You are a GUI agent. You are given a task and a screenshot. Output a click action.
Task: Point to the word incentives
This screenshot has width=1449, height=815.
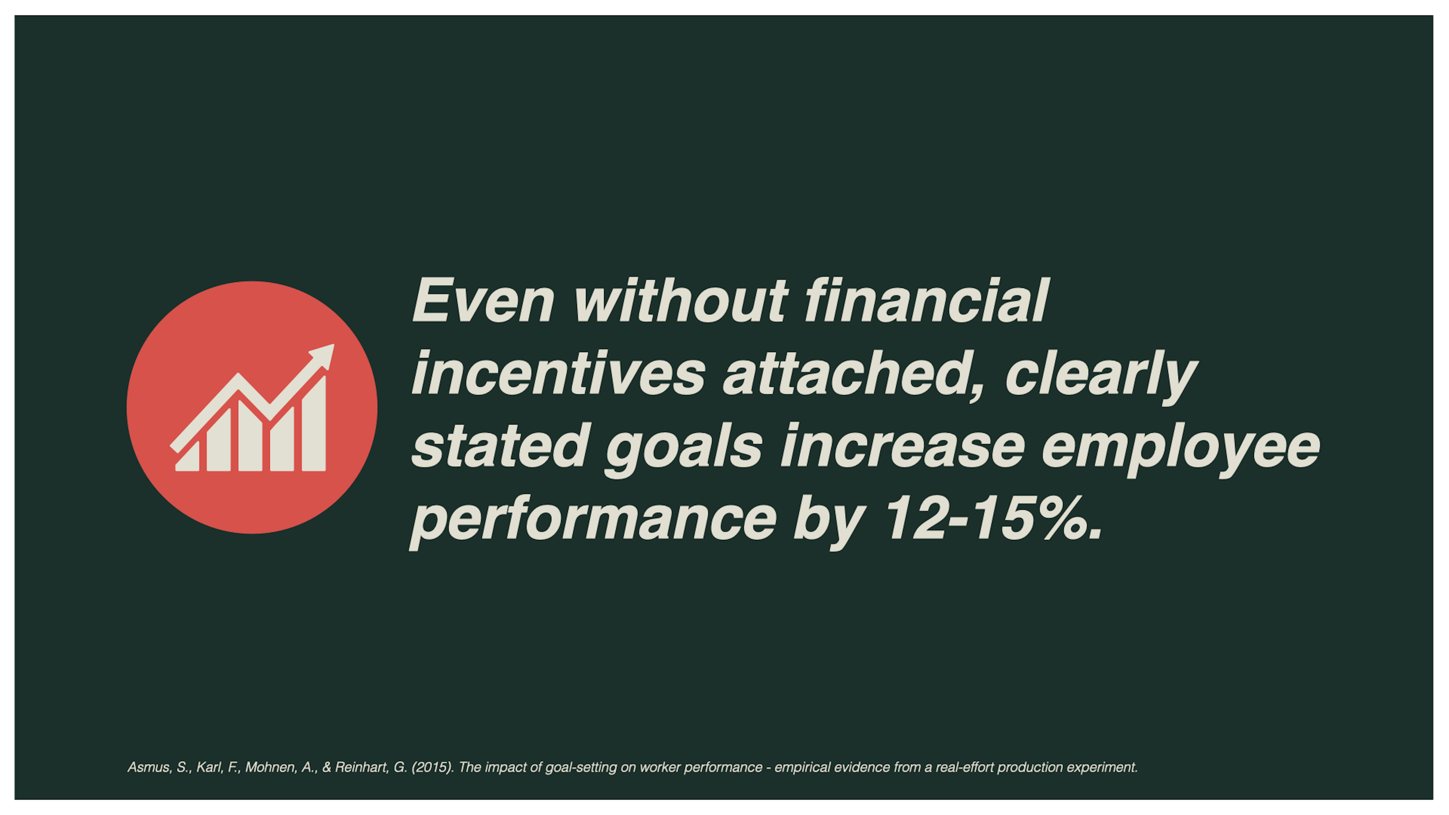558,374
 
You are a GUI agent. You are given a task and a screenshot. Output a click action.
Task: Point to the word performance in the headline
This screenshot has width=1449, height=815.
594,520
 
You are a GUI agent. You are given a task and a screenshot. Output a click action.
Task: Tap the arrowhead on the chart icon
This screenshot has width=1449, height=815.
323,355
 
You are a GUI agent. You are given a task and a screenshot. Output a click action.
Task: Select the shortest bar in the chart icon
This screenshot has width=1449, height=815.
188,458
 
